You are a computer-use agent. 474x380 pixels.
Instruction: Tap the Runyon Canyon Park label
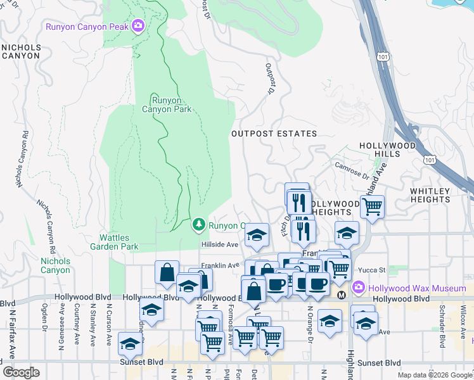pos(170,104)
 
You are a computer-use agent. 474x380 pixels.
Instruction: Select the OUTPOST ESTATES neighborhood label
pos(274,134)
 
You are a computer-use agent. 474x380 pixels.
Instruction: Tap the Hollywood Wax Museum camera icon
pos(359,288)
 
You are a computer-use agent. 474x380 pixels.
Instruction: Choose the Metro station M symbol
pos(342,296)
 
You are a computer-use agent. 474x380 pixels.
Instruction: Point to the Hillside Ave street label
pos(219,244)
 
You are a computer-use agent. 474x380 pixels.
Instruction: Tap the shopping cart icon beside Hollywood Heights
pos(372,205)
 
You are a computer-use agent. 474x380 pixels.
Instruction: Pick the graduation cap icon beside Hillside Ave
pos(256,234)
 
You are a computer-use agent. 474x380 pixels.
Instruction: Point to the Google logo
pos(22,372)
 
